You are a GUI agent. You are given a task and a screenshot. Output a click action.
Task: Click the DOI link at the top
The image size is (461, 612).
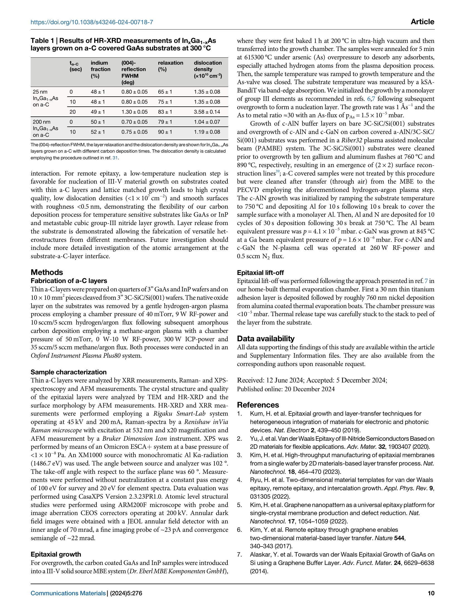(92, 22)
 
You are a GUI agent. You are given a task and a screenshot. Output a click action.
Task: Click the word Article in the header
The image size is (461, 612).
(422, 22)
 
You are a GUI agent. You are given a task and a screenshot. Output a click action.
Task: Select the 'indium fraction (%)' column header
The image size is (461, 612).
(100, 69)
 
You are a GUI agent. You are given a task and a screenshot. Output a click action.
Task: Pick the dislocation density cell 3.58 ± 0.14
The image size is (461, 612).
(207, 112)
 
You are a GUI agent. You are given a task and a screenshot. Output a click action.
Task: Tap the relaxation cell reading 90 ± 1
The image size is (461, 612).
(165, 132)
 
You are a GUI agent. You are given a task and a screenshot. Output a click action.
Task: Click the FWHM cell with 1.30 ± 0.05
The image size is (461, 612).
(134, 112)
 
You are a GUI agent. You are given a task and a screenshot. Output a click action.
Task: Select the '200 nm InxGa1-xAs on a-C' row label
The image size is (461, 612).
(45, 128)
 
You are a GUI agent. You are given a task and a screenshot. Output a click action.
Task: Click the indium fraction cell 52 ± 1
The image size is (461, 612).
(98, 132)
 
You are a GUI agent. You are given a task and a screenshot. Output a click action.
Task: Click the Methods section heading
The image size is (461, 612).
(47, 272)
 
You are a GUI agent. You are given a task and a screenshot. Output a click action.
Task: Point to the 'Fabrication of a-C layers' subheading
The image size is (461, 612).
(69, 281)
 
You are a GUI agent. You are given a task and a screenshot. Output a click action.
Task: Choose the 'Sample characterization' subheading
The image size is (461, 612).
(69, 372)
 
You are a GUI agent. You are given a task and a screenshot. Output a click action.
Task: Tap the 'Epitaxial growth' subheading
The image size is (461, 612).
(56, 554)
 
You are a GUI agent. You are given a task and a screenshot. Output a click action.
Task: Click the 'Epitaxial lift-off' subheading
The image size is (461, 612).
(260, 273)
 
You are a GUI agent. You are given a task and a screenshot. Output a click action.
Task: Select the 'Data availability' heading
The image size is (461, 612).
(266, 338)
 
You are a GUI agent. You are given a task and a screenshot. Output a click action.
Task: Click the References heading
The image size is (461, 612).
(258, 405)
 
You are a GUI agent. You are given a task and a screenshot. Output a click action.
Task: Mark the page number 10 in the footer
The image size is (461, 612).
(431, 593)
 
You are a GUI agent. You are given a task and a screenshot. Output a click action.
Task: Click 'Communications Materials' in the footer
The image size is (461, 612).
(68, 593)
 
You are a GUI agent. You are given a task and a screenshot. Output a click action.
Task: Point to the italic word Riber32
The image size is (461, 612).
(351, 140)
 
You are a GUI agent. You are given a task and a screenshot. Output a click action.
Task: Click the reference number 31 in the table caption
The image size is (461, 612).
(115, 158)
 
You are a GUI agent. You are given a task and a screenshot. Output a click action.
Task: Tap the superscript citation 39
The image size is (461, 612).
(278, 172)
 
